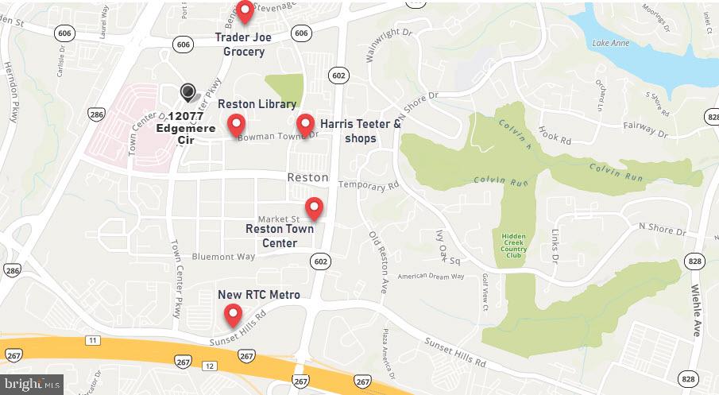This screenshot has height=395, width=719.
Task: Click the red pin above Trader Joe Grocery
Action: (x=245, y=10)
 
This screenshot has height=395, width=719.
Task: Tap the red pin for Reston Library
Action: (x=236, y=124)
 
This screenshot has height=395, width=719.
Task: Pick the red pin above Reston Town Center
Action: (x=315, y=207)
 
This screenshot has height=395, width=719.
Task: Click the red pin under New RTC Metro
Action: (x=232, y=315)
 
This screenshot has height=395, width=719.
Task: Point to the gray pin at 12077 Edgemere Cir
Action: (x=187, y=93)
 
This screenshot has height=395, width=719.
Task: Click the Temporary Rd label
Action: (x=367, y=186)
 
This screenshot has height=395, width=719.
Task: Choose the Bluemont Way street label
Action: (x=223, y=257)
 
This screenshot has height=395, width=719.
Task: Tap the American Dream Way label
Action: (x=430, y=276)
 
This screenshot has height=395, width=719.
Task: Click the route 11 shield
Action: (x=92, y=340)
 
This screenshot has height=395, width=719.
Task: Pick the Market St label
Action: (x=278, y=219)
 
